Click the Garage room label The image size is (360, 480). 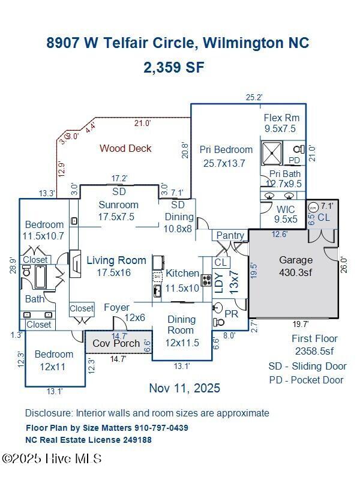pos(296,260)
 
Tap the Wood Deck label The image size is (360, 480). pos(125,148)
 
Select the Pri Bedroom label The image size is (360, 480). pos(226,149)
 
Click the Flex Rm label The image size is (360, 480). pos(281,118)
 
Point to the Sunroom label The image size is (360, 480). pos(119,204)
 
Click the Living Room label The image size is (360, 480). pos(116,260)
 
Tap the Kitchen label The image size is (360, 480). pos(182,273)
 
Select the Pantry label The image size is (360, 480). pos(230,236)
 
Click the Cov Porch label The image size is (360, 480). pos(116,344)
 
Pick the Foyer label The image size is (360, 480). pos(116,307)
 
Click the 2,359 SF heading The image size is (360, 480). pos(174,67)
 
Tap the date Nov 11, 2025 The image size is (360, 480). pos(184,388)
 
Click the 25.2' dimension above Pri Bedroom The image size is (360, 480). pos(254,97)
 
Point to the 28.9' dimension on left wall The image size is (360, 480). pos(12,265)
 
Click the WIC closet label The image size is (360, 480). pos(286,210)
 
